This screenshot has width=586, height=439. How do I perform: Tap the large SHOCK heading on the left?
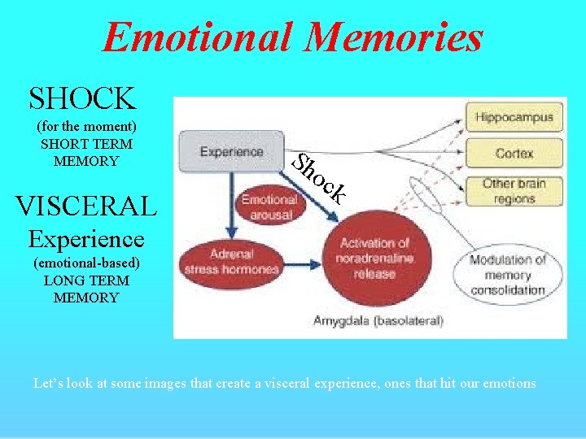click(81, 98)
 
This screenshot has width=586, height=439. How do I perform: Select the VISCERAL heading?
click(85, 206)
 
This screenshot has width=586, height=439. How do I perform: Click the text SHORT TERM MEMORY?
click(86, 152)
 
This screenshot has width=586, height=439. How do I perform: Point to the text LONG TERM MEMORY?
click(86, 289)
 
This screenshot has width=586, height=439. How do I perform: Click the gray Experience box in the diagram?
click(232, 151)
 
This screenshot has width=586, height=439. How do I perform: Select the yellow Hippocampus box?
click(514, 117)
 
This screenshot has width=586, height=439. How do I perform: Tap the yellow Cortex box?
click(514, 153)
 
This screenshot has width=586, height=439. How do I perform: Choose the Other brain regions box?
click(514, 190)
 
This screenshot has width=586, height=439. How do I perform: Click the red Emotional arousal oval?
click(269, 206)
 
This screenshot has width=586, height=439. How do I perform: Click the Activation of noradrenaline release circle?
click(374, 258)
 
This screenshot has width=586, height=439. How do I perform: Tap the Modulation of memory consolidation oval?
click(506, 274)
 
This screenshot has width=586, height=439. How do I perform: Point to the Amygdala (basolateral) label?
click(378, 321)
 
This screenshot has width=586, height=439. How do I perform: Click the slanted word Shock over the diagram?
click(320, 178)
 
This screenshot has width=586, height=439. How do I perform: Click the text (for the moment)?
click(86, 127)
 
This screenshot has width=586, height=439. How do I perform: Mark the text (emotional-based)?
click(86, 263)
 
